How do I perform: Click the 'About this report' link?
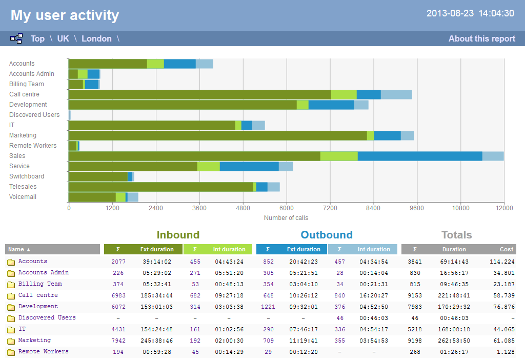pos(481,38)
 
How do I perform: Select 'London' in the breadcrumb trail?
pos(96,38)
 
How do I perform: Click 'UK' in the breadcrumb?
pos(63,38)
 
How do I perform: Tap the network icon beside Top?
pos(16,38)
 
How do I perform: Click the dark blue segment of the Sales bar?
pos(419,156)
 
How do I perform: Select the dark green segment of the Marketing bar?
pos(217,135)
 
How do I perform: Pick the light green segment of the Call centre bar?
pos(344,94)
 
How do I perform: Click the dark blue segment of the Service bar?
pos(249,166)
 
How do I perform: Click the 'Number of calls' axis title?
pos(286,218)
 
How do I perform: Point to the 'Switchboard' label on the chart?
pos(27,176)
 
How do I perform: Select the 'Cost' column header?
pos(507,249)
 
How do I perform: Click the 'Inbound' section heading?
pos(178,235)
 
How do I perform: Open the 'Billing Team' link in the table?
pos(40,284)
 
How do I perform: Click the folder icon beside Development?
pos(11,307)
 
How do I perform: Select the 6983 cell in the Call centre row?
pos(118,295)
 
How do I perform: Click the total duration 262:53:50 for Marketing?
pos(454,341)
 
